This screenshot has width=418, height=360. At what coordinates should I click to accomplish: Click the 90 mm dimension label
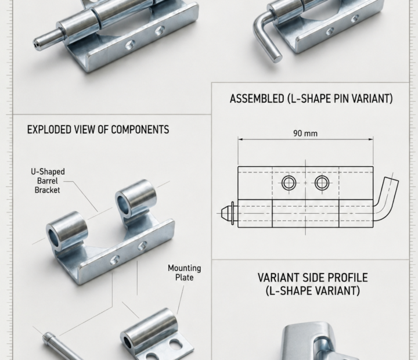305,133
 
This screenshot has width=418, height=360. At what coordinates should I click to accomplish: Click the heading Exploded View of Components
98,129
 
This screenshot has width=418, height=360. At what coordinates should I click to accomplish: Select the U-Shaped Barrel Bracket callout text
48,181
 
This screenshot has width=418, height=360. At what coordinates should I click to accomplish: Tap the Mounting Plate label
185,273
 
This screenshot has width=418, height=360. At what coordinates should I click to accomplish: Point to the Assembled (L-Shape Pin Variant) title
311,98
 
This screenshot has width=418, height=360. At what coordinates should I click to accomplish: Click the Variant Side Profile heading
313,284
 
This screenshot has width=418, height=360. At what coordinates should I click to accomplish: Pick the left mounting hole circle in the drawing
289,183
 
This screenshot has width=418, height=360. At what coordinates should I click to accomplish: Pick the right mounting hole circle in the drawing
322,183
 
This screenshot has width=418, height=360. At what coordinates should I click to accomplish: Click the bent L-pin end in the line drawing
387,197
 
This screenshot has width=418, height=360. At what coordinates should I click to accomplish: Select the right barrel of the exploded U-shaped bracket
136,197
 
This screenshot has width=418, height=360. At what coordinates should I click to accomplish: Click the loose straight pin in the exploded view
62,345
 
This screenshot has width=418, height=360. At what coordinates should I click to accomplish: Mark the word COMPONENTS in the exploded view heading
140,129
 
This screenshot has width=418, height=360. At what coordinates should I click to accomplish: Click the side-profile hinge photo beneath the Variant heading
320,341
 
